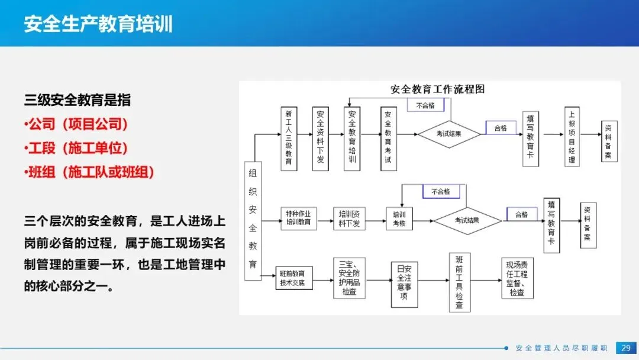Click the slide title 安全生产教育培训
click(98, 24)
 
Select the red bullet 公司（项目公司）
click(78, 124)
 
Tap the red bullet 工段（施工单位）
click(78, 148)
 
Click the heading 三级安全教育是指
click(78, 100)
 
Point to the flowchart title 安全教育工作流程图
click(438, 89)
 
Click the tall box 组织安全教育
click(253, 220)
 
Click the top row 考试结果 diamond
click(449, 134)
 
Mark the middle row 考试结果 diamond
click(467, 220)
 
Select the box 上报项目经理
click(571, 137)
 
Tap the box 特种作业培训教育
click(298, 218)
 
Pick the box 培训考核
click(399, 218)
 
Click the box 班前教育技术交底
click(294, 278)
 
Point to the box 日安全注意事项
click(404, 284)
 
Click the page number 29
click(624, 348)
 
